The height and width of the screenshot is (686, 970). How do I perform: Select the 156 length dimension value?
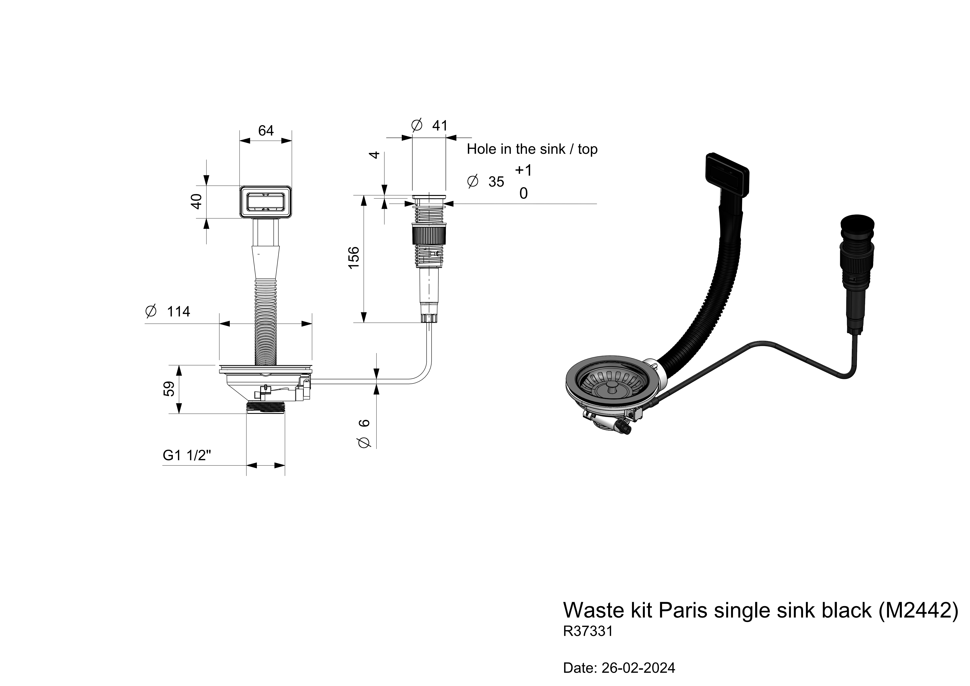pos(353,257)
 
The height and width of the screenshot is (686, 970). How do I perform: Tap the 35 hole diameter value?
pos(496,182)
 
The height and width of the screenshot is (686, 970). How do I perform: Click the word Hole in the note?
pos(481,149)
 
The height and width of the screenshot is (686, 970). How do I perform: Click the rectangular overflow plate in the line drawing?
pos(266,202)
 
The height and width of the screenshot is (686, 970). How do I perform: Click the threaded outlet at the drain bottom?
pos(265,408)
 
